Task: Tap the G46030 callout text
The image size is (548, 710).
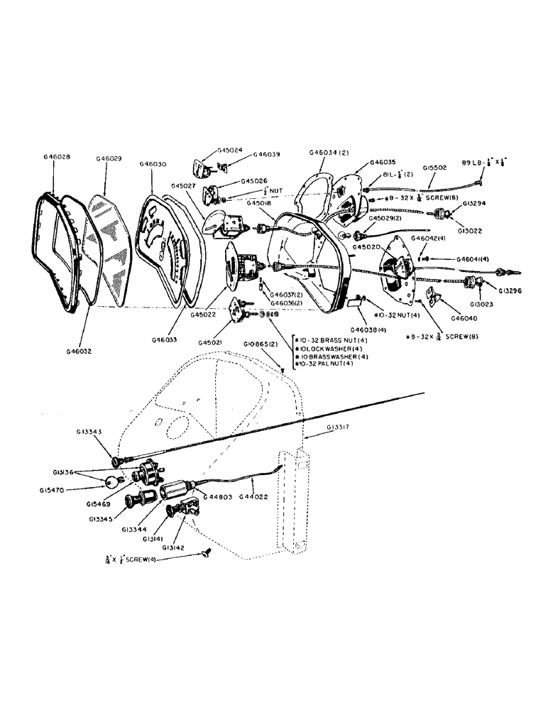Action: pos(153,164)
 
